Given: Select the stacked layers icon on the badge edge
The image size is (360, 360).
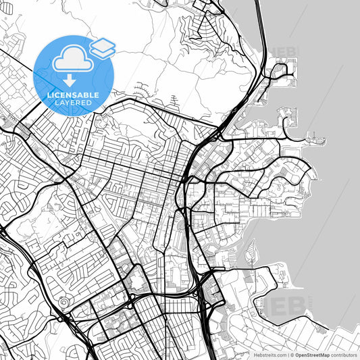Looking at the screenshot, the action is click(103, 47).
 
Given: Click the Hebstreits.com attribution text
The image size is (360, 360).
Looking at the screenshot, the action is click(265, 355).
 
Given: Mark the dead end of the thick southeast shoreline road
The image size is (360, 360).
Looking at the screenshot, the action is click(329, 331).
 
